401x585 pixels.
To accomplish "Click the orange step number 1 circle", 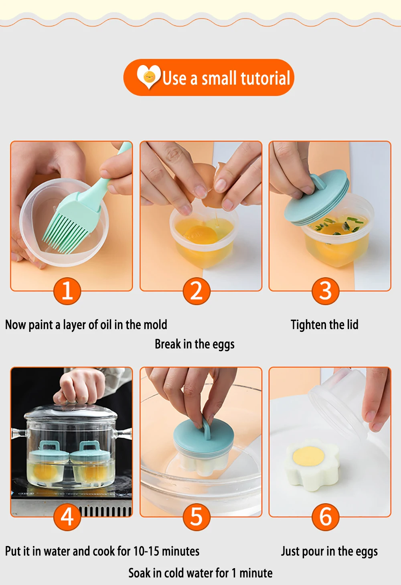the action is (x=67, y=291).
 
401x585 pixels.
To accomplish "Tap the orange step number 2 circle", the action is (x=196, y=291).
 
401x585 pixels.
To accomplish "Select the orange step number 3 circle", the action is (x=326, y=291).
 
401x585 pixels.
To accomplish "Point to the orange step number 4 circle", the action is (x=67, y=517).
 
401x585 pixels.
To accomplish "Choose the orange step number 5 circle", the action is (x=196, y=517).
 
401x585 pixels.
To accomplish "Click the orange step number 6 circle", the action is (x=326, y=517).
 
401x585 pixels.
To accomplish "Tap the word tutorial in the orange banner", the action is (x=265, y=78).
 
